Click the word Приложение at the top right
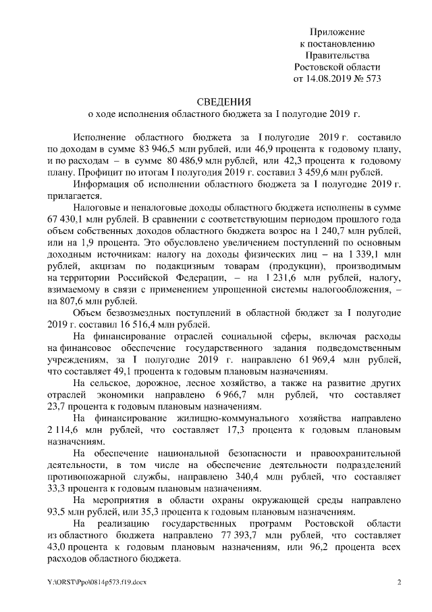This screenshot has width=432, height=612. pyautogui.click(x=337, y=32)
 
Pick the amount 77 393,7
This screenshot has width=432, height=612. pyautogui.click(x=215, y=537)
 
